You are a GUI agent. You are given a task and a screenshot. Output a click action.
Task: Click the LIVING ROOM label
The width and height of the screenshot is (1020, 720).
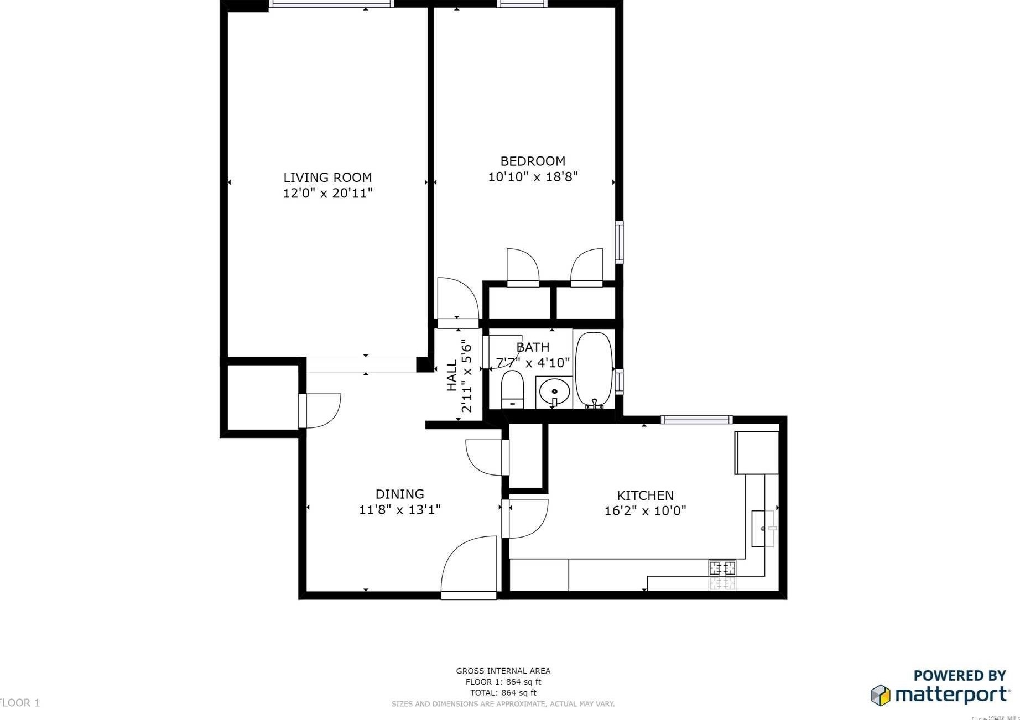tap(327, 178)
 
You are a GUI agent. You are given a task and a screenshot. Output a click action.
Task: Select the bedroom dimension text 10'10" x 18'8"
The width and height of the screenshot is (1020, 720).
tap(533, 177)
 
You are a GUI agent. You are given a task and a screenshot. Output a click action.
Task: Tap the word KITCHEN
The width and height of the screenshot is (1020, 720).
tap(645, 495)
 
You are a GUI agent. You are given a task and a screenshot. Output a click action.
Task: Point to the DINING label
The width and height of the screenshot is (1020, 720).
tap(399, 494)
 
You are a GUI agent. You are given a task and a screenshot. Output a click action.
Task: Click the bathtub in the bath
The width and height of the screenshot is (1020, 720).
tap(594, 369)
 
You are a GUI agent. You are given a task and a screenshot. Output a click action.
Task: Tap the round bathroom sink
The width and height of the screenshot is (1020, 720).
tap(554, 392)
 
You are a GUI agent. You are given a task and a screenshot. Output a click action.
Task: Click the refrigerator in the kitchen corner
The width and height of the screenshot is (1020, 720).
tap(757, 453)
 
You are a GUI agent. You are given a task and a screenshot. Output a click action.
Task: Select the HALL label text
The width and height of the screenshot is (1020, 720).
tap(452, 376)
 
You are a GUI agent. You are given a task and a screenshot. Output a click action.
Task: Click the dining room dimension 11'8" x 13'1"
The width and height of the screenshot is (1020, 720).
tap(399, 510)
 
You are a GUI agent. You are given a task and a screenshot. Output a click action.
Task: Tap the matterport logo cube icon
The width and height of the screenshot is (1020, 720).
tap(881, 695)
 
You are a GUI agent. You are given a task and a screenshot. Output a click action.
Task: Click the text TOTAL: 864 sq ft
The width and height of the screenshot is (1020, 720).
tap(503, 692)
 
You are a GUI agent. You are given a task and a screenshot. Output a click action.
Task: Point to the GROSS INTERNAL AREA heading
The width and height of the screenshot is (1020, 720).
tap(503, 671)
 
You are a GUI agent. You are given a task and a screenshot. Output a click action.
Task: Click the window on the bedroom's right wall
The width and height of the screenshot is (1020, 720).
tap(619, 242)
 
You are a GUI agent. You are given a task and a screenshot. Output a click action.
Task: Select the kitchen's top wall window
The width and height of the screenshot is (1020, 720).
tap(696, 420)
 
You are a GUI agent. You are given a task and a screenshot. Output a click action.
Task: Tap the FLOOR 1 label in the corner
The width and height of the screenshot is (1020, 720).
tap(20, 703)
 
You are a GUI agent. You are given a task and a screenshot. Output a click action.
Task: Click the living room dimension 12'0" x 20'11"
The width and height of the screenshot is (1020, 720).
tap(327, 194)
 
